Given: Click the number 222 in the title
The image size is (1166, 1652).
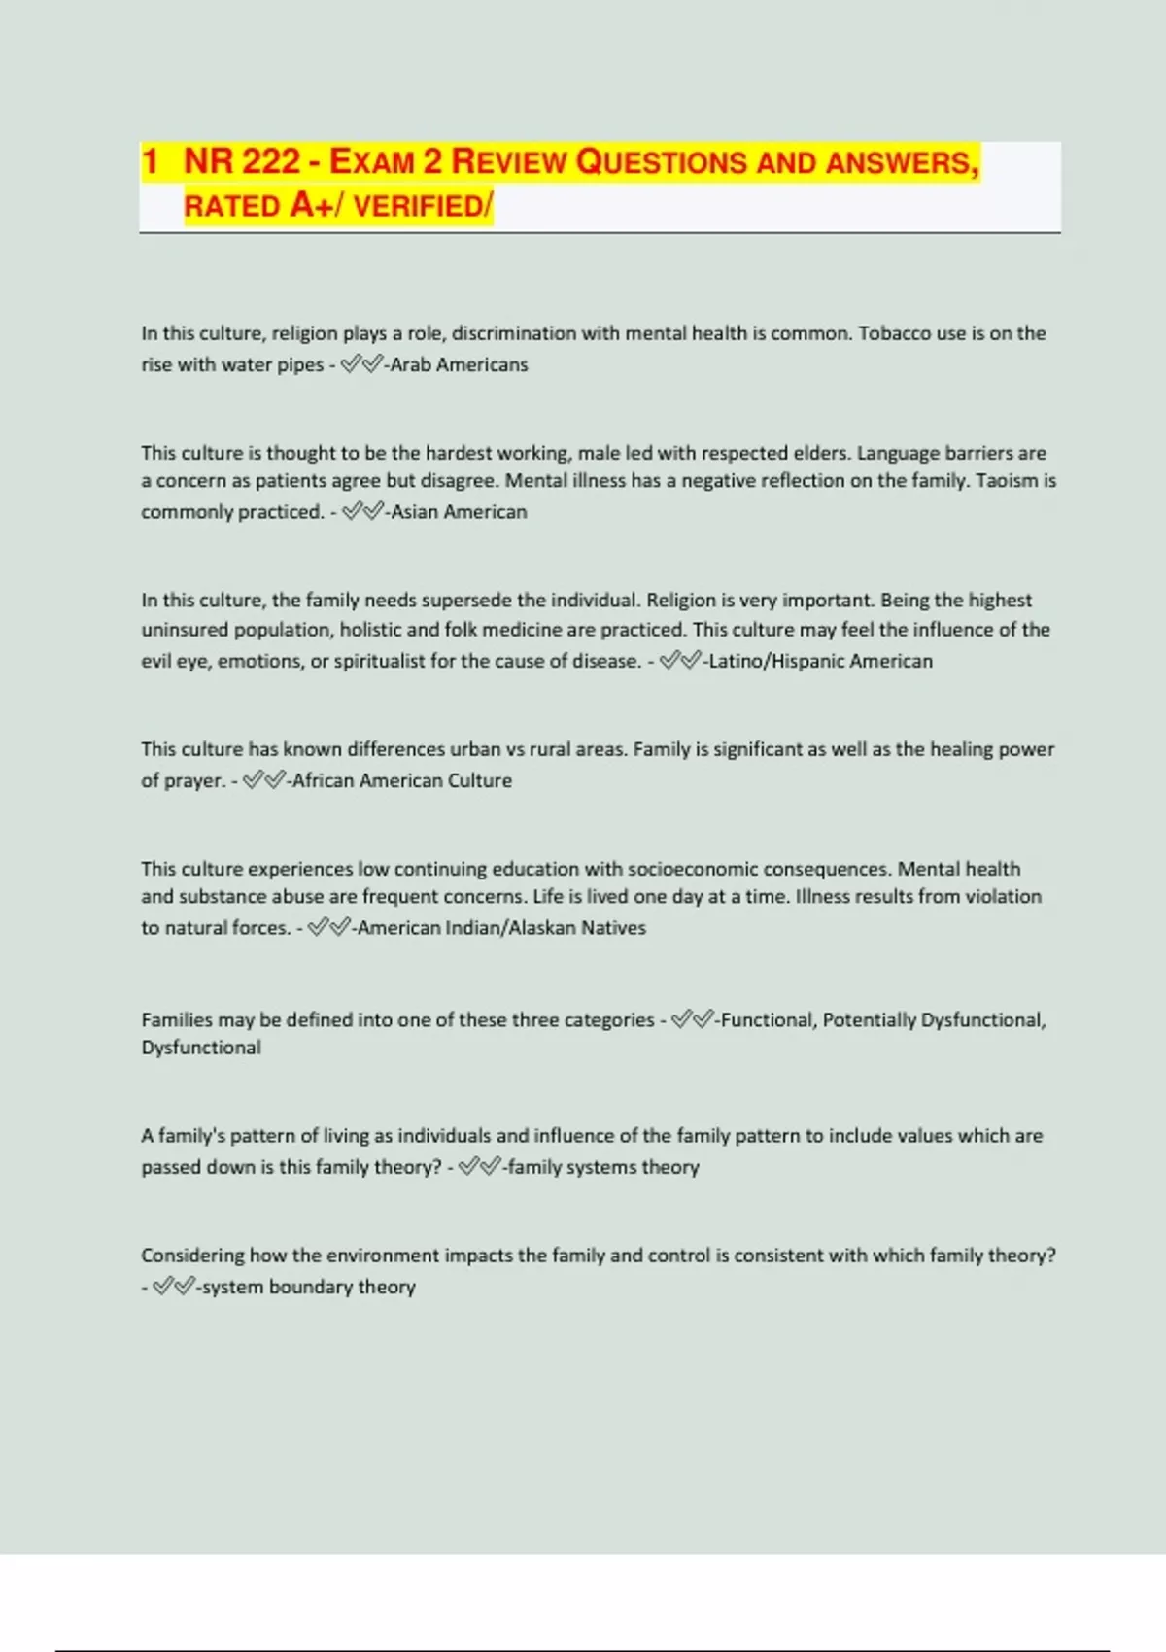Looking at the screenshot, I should [x=270, y=161].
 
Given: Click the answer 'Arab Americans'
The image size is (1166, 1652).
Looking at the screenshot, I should [x=459, y=365].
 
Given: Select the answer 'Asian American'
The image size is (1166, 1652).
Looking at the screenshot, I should [x=459, y=512].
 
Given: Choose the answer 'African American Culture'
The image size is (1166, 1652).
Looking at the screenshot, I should [x=401, y=780].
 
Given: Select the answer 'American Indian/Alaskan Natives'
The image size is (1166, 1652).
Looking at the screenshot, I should [x=501, y=928].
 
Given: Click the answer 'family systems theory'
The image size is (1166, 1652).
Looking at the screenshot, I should [x=602, y=1167].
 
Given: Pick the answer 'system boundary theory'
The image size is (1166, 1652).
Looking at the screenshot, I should [x=308, y=1287].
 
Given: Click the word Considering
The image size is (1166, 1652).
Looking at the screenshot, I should [x=192, y=1256].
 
